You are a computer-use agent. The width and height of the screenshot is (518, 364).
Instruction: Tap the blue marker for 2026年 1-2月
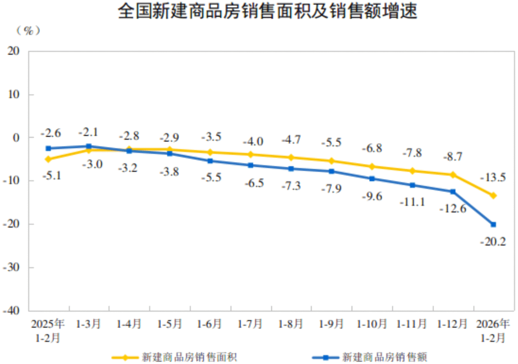click(x=493, y=224)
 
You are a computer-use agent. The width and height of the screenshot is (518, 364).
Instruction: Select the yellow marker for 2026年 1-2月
click(x=493, y=196)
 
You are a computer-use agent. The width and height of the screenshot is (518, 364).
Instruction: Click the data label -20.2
click(x=493, y=242)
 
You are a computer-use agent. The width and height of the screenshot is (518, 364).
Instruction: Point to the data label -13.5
click(x=493, y=177)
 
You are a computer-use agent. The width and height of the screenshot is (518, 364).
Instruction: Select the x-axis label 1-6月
click(x=210, y=324)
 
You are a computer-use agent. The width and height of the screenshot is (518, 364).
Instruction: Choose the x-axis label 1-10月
click(x=371, y=324)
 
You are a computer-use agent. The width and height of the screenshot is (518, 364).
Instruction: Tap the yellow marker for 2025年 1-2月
click(x=48, y=159)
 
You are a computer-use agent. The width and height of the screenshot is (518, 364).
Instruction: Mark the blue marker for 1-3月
click(x=89, y=146)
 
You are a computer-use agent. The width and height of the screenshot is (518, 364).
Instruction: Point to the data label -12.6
click(x=452, y=209)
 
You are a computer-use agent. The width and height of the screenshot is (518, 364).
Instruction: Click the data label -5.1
click(x=51, y=176)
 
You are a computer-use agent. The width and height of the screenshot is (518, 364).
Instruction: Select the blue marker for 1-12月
click(x=452, y=192)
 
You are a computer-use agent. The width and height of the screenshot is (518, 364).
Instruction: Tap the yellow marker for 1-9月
click(x=331, y=161)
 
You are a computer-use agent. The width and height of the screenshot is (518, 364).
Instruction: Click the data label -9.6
click(x=372, y=196)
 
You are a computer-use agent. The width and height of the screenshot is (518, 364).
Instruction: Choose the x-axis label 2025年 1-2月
click(x=48, y=331)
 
